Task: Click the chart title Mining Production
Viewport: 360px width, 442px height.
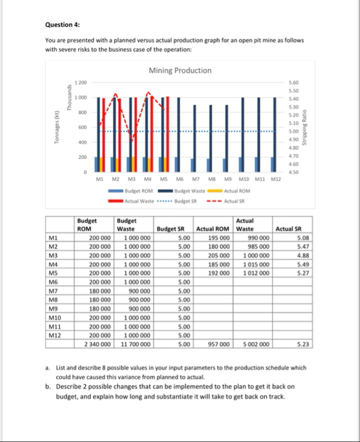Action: (180, 70)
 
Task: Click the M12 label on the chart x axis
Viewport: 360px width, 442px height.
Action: (274, 179)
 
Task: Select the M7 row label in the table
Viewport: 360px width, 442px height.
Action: (53, 291)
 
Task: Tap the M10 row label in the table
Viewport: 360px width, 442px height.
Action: (54, 318)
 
